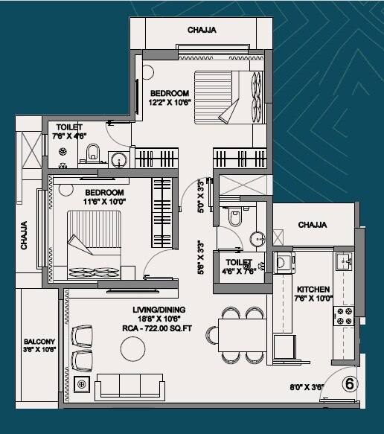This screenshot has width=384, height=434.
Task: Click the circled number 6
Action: [x=348, y=384]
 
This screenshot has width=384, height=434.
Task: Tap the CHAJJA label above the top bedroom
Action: [x=202, y=31]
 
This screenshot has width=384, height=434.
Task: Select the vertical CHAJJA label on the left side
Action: [x=25, y=234]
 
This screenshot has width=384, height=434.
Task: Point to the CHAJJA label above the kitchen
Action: [x=314, y=224]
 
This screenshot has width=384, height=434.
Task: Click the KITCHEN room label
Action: [x=314, y=289]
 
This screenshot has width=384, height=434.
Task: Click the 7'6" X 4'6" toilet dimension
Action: [x=69, y=136]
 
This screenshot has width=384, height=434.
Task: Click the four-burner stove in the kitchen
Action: [x=345, y=315]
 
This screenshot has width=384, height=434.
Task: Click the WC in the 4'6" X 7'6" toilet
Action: [x=235, y=219]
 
